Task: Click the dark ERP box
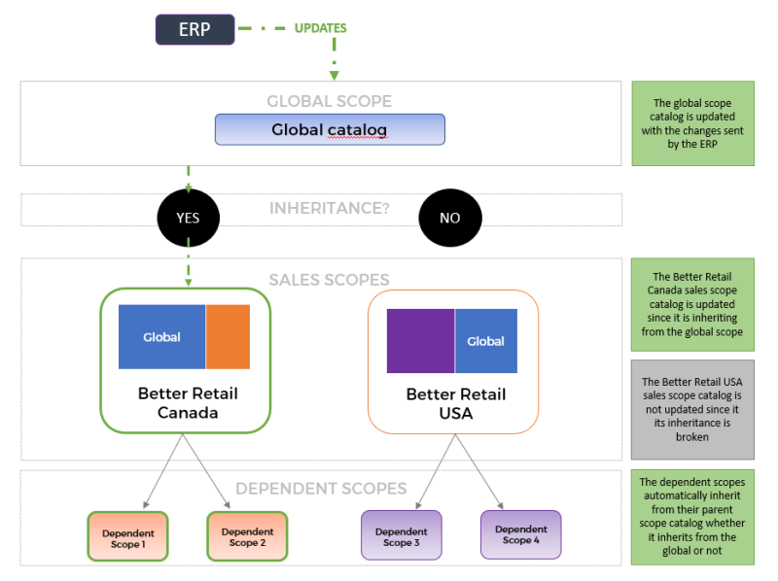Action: point(194,29)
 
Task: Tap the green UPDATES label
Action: point(320,28)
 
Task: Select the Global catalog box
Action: point(330,129)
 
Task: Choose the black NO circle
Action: point(449,218)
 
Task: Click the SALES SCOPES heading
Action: point(329,280)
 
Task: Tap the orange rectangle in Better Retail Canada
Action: point(228,336)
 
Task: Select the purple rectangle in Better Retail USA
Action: point(420,341)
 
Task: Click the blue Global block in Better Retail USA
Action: point(486,341)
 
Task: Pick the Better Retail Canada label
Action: point(188,403)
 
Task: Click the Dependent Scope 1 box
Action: point(127,535)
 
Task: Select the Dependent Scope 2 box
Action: point(247,535)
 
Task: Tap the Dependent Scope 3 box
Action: point(401,535)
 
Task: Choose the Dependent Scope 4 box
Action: point(520,533)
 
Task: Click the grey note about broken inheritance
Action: point(691,409)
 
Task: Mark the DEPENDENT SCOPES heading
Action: point(321,489)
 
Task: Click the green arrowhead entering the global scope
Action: point(334,75)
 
